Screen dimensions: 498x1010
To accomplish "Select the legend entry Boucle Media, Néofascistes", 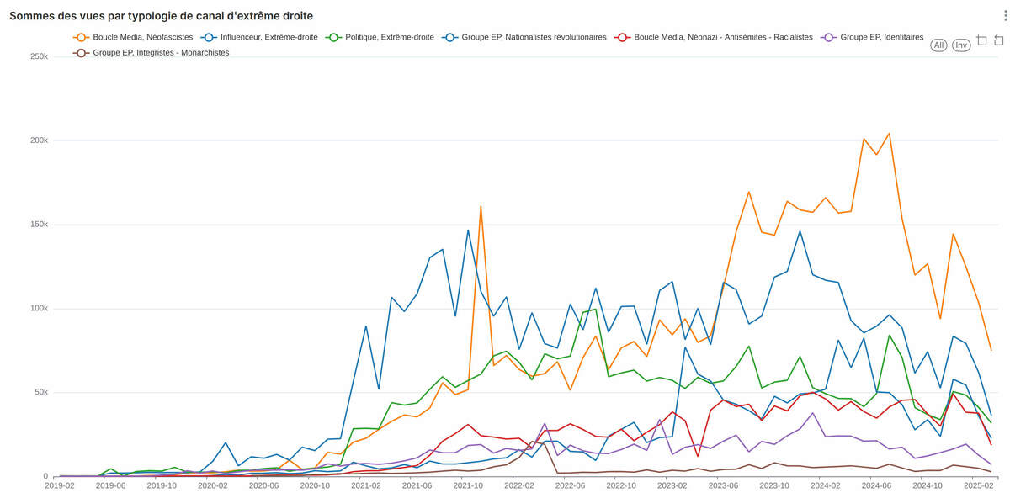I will (x=134, y=37).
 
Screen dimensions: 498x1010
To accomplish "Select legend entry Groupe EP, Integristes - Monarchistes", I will (x=151, y=52).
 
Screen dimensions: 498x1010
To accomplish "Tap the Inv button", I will (x=961, y=45).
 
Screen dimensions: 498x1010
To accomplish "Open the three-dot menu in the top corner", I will (x=1000, y=16).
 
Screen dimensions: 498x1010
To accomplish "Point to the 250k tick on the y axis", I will (x=39, y=56).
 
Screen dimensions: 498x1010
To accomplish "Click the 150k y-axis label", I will (x=39, y=225).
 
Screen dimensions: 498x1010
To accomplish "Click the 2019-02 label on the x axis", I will (x=60, y=486).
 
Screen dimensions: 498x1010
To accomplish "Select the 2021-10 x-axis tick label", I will (x=468, y=486).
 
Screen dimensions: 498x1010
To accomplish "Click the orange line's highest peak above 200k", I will (x=889, y=133).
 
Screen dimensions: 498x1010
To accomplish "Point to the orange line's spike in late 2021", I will (x=481, y=206).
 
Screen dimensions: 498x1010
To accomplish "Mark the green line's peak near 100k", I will (x=595, y=309).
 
